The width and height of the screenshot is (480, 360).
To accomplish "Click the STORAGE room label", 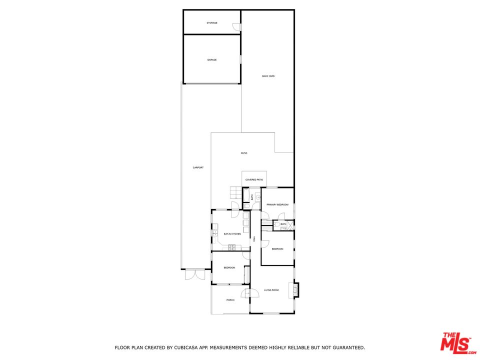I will point(212,23).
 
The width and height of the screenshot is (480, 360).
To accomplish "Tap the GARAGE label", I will point(212,60).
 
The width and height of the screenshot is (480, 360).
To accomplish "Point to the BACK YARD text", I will point(268,76).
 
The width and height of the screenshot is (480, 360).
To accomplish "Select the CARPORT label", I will point(198,167).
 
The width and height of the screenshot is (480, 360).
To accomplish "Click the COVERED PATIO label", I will point(254,179).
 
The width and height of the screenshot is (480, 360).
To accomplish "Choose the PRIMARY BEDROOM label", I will point(277,204).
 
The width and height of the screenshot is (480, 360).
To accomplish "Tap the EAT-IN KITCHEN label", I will point(232,234).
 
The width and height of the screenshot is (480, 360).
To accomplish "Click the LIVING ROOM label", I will point(271,290).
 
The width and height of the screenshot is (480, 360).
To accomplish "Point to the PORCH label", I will point(230,300).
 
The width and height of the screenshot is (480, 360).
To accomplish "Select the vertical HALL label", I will point(254,239).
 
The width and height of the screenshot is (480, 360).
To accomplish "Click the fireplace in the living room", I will point(296,289).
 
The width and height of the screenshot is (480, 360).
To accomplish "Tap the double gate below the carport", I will point(194,274).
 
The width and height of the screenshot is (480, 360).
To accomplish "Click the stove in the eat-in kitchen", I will point(232,247).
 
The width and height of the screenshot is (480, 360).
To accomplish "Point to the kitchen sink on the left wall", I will point(214,233).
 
